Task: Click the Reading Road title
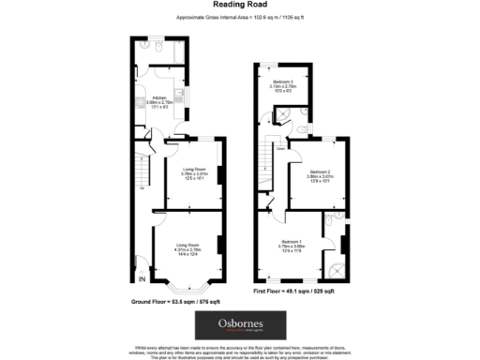[x=238, y=7]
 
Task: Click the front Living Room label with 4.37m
[x=187, y=248]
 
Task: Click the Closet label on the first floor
[x=280, y=147]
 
